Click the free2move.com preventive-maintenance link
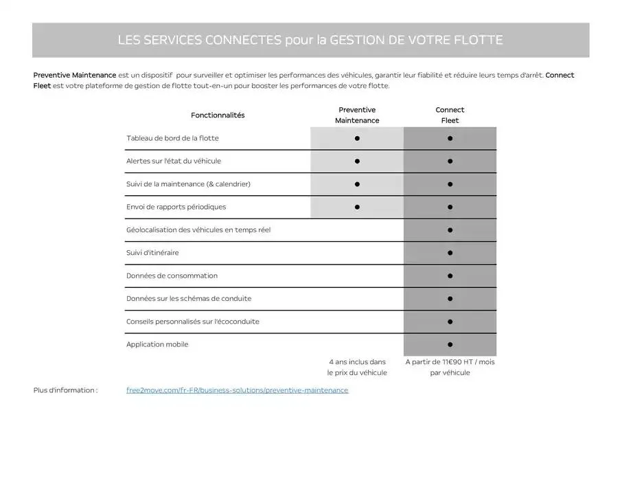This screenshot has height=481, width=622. point(237,390)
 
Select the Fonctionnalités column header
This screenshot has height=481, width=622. point(218,115)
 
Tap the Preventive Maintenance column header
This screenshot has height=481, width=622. point(357,115)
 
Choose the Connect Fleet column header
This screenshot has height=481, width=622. point(450,115)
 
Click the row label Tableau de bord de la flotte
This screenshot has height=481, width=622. point(172,138)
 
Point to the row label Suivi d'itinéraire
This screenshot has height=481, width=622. point(152,253)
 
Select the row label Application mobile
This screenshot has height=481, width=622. point(157,344)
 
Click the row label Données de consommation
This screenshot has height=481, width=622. point(172,276)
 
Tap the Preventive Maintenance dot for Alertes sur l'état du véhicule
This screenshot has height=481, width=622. point(357,161)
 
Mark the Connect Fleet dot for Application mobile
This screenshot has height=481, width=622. point(450,344)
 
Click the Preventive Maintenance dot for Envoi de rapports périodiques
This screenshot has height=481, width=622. point(357,207)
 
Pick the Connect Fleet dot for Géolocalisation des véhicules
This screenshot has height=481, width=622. point(450,230)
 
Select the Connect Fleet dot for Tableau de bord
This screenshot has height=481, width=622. point(450,138)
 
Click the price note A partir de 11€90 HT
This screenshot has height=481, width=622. point(450,367)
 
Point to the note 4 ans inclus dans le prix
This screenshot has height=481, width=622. point(357,367)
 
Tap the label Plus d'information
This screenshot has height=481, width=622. point(65,390)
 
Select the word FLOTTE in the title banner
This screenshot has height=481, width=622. point(478,41)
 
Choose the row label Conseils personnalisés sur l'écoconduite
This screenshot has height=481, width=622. point(193,322)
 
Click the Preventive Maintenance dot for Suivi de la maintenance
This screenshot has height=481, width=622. point(357,184)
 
